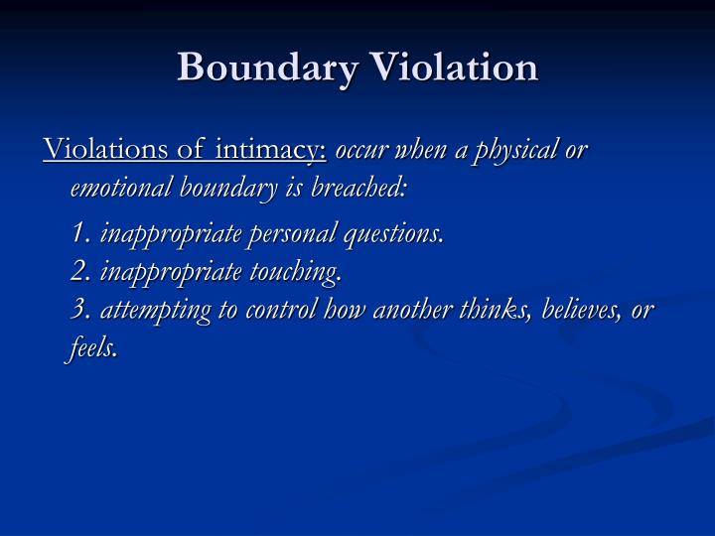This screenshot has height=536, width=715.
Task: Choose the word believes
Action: click(567, 310)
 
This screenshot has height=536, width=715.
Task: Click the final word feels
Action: click(94, 346)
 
